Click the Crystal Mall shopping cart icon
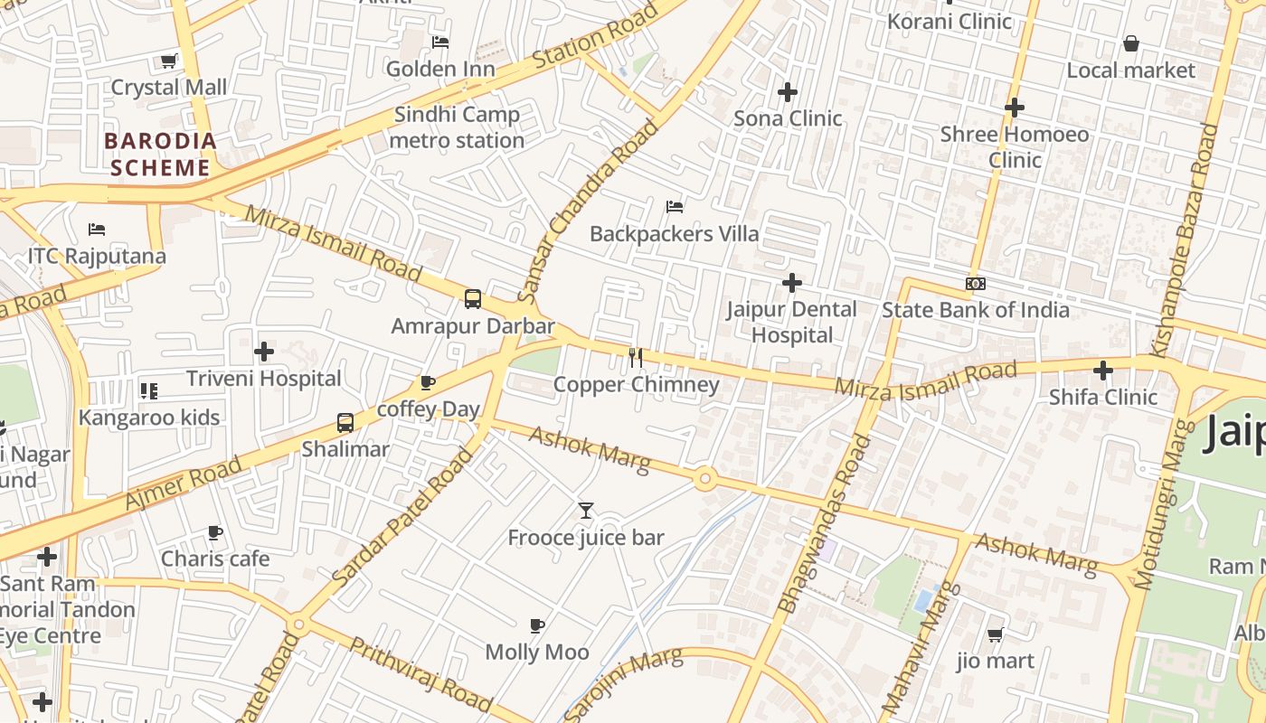click(168, 61)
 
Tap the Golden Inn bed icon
click(440, 42)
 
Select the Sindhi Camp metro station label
click(457, 127)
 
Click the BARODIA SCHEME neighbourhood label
click(161, 155)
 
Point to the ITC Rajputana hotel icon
click(97, 230)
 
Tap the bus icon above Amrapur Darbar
click(472, 299)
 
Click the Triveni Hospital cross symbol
click(264, 352)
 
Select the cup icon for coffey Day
click(428, 383)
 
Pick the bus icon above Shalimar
click(345, 422)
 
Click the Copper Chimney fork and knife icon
click(636, 358)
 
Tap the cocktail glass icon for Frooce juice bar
click(586, 511)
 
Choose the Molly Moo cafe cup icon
click(537, 625)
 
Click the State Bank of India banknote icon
click(975, 284)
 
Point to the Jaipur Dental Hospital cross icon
click(792, 283)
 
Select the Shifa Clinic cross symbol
click(1102, 371)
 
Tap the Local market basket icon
click(1130, 43)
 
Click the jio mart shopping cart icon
click(995, 634)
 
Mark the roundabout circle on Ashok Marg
click(705, 479)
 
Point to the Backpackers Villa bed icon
click(675, 207)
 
